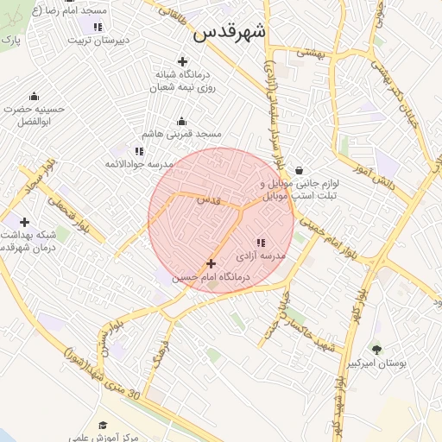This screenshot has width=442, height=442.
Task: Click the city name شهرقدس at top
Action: pyautogui.click(x=230, y=32)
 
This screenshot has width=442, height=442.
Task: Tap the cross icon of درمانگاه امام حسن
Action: pyautogui.click(x=212, y=263)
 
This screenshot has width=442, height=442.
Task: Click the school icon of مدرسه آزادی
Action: pyautogui.click(x=261, y=243)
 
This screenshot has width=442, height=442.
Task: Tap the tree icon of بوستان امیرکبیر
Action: pyautogui.click(x=376, y=349)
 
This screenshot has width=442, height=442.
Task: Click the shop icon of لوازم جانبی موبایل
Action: pyautogui.click(x=299, y=170)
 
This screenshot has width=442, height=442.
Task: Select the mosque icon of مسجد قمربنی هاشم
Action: pyautogui.click(x=181, y=122)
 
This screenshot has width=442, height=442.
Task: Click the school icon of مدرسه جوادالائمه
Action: pyautogui.click(x=140, y=151)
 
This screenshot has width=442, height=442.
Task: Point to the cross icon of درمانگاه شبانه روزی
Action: pyautogui.click(x=182, y=60)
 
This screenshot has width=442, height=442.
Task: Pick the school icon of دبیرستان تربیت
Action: pyautogui.click(x=98, y=27)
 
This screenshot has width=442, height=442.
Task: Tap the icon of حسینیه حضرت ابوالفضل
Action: pyautogui.click(x=34, y=96)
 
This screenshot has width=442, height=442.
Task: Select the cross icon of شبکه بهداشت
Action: pyautogui.click(x=24, y=222)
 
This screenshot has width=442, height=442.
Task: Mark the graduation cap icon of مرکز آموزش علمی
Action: pyautogui.click(x=104, y=425)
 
